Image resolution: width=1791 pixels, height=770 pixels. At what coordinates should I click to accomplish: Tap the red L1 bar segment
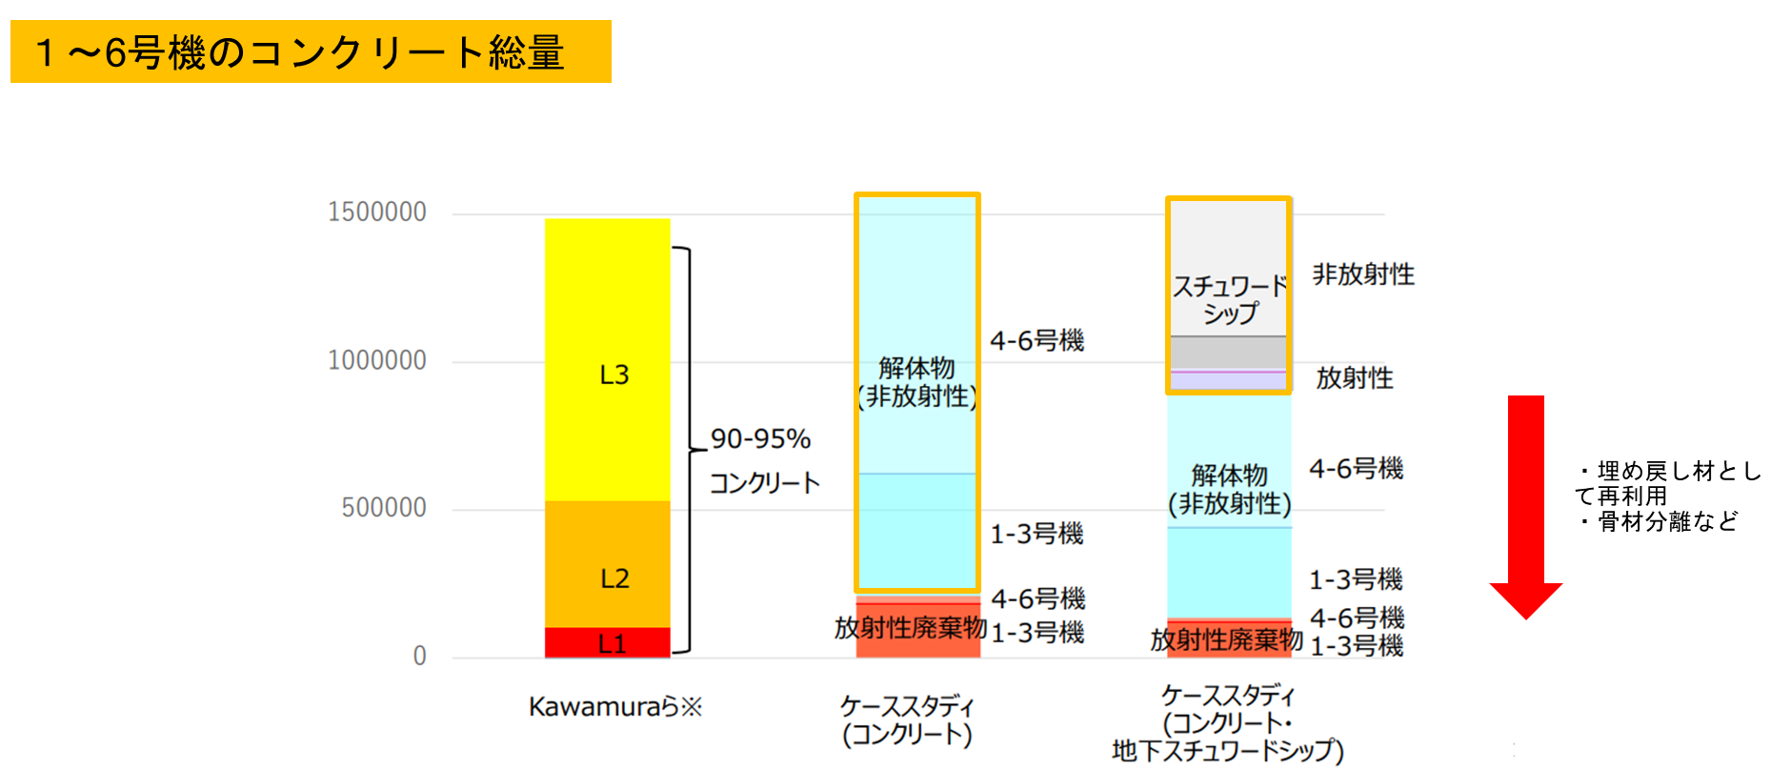tap(607, 643)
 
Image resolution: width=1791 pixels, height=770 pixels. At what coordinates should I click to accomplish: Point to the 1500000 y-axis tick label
tap(377, 212)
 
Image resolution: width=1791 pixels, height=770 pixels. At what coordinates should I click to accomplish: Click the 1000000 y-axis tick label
tap(377, 360)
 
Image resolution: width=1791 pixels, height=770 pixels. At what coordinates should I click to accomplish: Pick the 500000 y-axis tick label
tap(384, 508)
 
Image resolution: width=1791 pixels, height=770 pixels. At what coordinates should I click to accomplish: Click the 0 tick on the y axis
tap(419, 656)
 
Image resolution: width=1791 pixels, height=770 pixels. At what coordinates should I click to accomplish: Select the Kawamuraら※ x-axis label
tap(615, 707)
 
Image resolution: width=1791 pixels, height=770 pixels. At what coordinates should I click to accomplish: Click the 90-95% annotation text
tap(760, 438)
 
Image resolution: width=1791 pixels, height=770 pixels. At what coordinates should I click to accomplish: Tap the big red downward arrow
tap(1525, 505)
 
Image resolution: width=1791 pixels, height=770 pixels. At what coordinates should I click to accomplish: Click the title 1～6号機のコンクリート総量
tap(300, 52)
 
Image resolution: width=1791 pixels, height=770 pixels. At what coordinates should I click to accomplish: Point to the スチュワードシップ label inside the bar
tap(1229, 299)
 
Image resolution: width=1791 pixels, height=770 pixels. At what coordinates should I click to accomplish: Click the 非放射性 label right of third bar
tap(1363, 274)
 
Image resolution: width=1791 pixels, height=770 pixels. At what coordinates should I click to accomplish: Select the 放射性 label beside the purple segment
tap(1354, 378)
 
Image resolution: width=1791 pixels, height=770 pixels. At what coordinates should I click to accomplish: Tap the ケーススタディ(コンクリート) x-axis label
tap(907, 720)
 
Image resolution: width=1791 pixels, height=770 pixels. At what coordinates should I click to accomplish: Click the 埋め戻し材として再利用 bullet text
tap(1667, 482)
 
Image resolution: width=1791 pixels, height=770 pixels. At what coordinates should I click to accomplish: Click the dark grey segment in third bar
tap(1229, 352)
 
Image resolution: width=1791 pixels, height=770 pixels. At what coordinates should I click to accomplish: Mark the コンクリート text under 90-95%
tap(764, 483)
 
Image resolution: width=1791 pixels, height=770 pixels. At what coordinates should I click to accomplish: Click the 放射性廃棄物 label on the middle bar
tap(910, 628)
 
